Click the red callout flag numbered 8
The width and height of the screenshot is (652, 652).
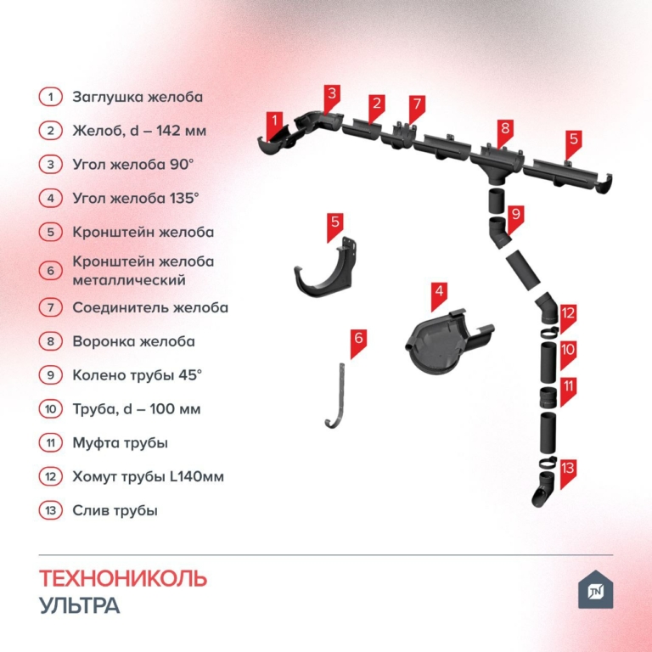click(505, 131)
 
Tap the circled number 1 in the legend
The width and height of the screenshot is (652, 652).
click(51, 97)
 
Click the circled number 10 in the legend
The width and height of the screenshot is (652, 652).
click(51, 409)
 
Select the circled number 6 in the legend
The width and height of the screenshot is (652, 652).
click(51, 271)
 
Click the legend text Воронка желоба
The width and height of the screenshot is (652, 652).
click(133, 341)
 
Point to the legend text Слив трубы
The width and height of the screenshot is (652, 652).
click(115, 510)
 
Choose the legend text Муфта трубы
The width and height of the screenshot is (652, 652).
click(121, 443)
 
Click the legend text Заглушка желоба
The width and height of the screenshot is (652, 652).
click(138, 97)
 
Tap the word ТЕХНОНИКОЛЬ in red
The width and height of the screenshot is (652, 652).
click(123, 578)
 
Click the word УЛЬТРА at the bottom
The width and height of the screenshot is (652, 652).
click(80, 605)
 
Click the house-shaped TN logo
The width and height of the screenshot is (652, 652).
click(595, 589)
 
